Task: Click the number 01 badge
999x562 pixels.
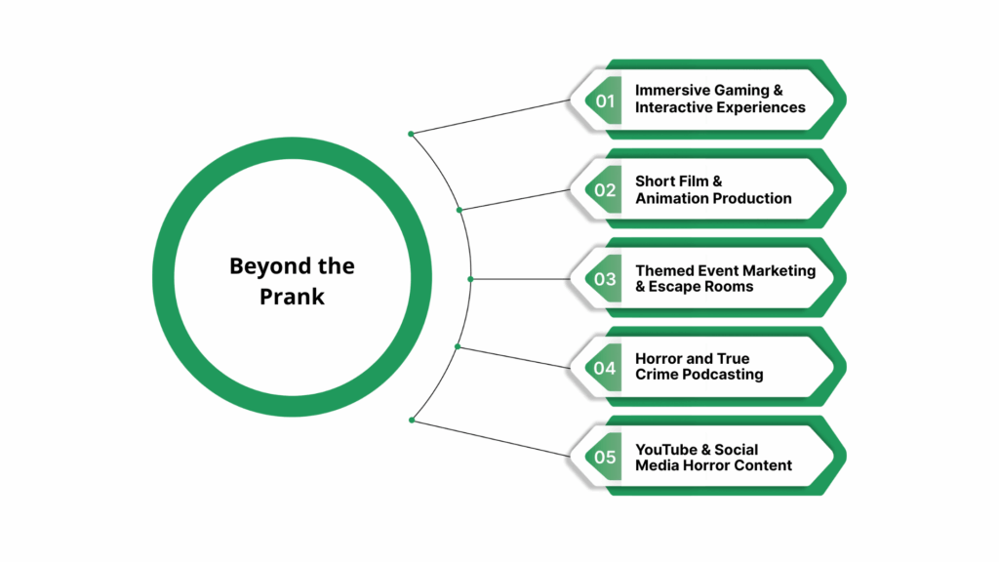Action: (606, 100)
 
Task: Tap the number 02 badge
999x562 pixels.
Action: (606, 190)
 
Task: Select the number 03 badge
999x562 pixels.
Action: (606, 279)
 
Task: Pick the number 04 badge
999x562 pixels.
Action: (606, 368)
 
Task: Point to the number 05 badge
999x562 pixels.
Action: (606, 458)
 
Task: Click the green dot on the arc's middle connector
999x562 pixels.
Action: (470, 279)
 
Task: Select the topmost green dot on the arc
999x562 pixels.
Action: (411, 134)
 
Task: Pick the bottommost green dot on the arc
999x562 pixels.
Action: (412, 420)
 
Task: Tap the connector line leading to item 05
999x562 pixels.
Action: (488, 437)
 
